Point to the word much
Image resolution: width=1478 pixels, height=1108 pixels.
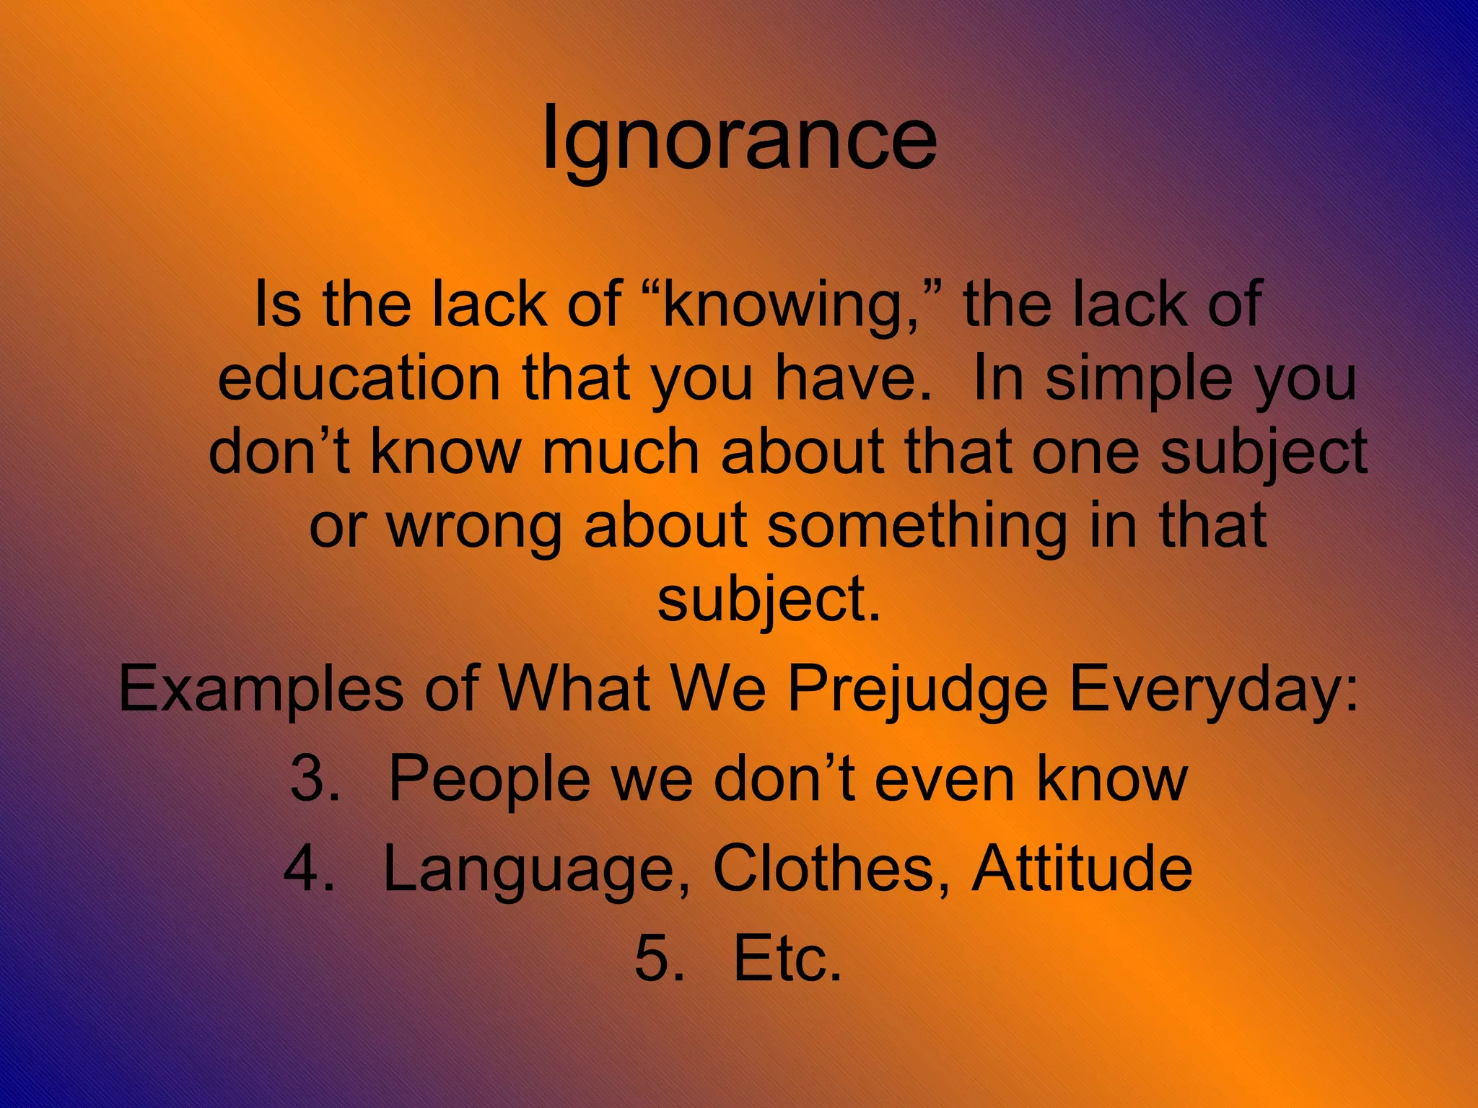click(x=621, y=452)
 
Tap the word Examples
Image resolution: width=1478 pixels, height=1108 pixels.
click(x=261, y=690)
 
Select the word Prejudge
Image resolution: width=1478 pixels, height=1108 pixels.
click(x=917, y=690)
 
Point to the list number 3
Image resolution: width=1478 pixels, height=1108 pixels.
click(x=315, y=779)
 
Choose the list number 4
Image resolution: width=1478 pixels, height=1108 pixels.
click(x=310, y=869)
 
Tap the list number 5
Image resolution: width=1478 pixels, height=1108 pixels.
click(x=659, y=959)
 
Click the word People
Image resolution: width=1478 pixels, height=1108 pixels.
click(x=489, y=779)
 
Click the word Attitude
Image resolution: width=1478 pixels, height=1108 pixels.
click(x=1082, y=869)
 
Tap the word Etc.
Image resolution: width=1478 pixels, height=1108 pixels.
click(x=787, y=959)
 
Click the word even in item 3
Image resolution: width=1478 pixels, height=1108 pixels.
click(x=946, y=779)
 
